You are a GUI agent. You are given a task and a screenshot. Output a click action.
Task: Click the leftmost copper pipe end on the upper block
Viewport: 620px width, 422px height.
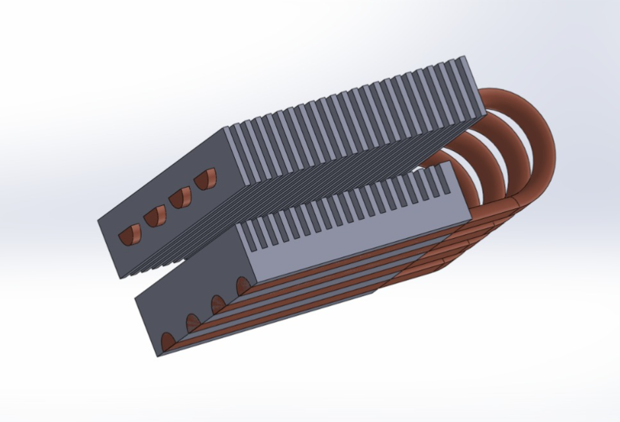pyautogui.click(x=129, y=234)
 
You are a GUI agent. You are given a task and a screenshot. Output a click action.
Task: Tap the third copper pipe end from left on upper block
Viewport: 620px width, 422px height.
pyautogui.click(x=179, y=196)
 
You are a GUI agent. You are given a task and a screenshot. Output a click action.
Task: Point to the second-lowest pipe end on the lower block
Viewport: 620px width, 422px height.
pyautogui.click(x=193, y=322)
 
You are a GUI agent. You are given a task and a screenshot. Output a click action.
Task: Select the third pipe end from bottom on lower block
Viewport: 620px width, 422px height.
pyautogui.click(x=217, y=304)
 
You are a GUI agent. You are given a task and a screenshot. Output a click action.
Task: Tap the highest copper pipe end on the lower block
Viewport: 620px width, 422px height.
pyautogui.click(x=242, y=286)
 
